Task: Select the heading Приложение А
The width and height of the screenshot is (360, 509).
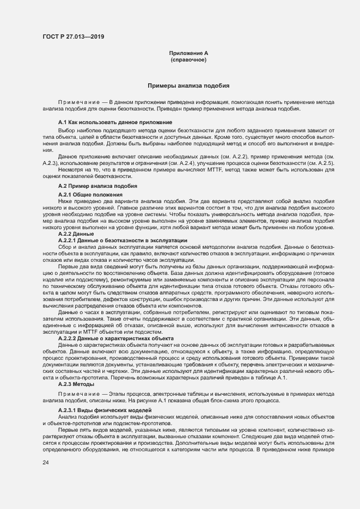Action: pos(188,53)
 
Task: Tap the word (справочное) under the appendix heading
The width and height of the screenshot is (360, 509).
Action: pos(188,60)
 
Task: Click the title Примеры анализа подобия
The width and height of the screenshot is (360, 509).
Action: pos(188,86)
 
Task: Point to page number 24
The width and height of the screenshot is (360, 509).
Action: pos(46,462)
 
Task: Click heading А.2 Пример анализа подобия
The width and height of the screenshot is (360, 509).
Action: pos(90,186)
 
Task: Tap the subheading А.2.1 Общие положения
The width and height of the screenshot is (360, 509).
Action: pos(90,194)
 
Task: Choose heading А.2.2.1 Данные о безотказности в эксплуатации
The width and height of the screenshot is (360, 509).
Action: pos(123,240)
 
